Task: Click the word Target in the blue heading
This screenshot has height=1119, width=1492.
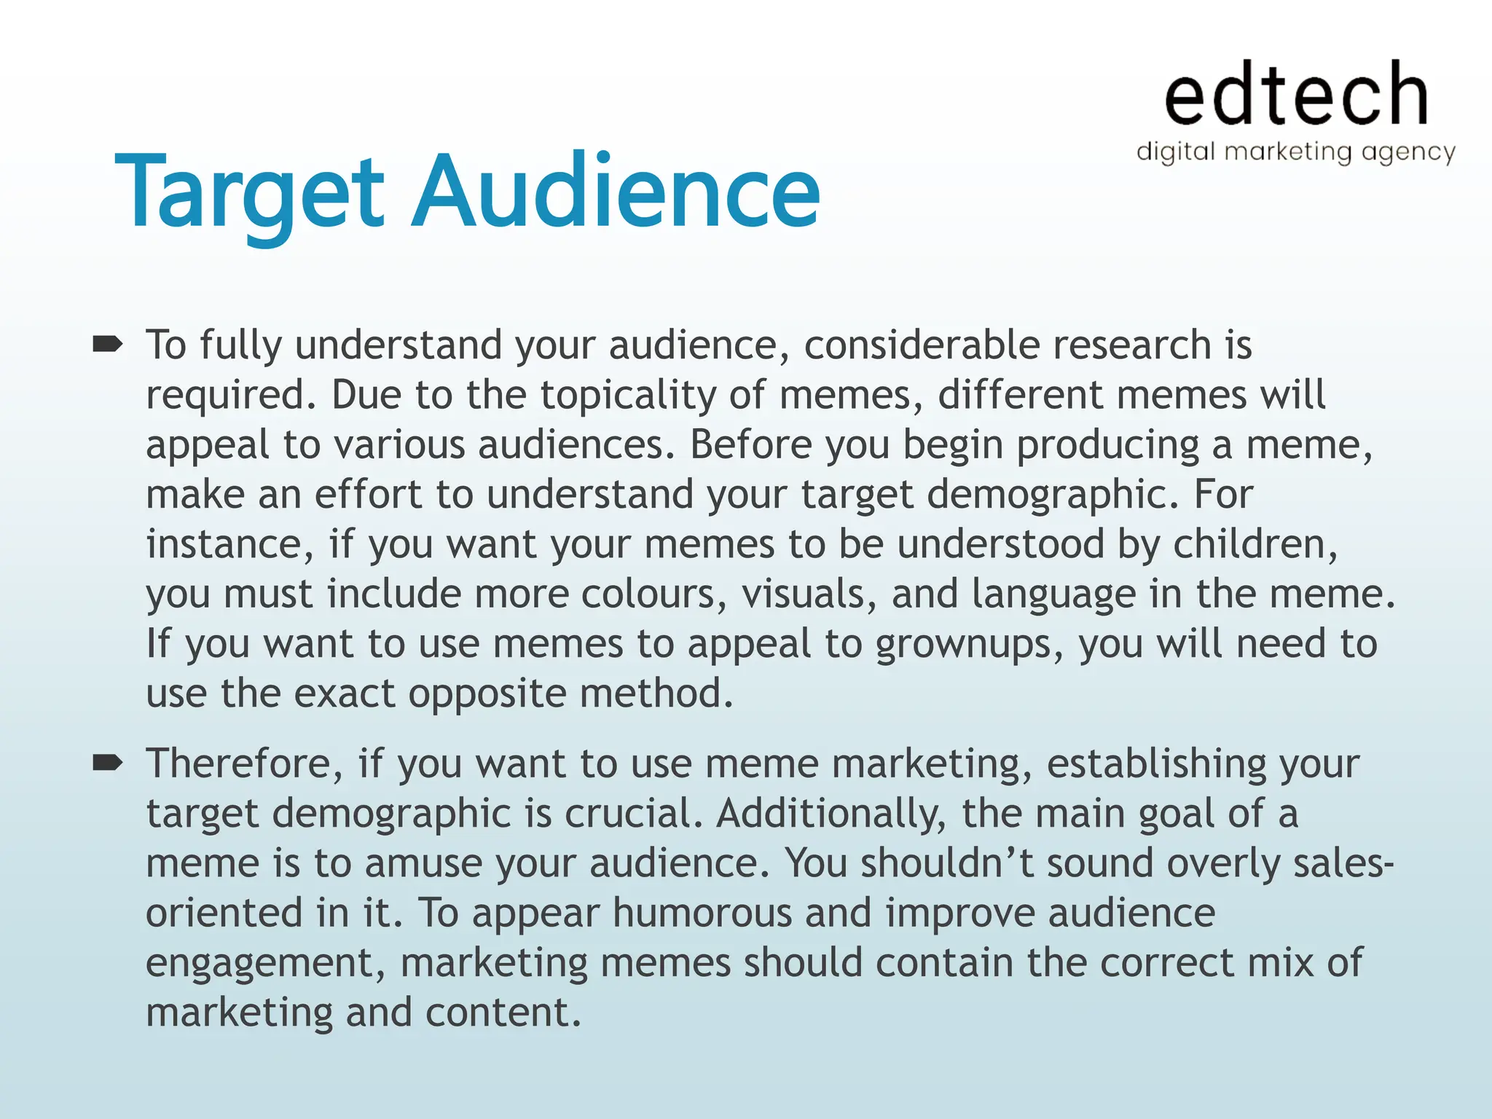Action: (248, 193)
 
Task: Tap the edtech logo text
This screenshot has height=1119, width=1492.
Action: (1295, 94)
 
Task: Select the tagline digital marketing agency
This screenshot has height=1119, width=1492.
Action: (1295, 152)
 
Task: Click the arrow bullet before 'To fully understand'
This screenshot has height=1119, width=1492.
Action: (108, 344)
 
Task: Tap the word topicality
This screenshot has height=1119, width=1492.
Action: (627, 395)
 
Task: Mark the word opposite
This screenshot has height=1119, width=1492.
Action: (487, 694)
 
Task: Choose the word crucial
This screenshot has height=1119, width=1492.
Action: (634, 813)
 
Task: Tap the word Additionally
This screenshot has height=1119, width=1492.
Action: (831, 813)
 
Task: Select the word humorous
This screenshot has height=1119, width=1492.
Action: (702, 913)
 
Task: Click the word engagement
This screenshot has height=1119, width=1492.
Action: (265, 964)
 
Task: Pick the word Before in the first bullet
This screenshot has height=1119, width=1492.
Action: (750, 444)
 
